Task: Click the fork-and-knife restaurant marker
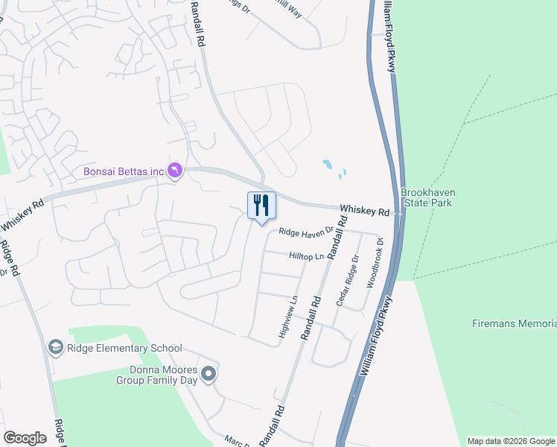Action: tap(261, 205)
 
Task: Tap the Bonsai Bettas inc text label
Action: tap(123, 172)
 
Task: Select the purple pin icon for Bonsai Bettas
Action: tap(174, 171)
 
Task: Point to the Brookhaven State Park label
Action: tap(428, 197)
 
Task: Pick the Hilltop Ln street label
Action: tap(307, 256)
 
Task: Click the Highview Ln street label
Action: tap(288, 317)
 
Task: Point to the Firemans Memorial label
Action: tap(515, 323)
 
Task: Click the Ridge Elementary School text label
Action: tap(124, 348)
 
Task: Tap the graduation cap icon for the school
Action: tap(55, 347)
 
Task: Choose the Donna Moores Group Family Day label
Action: tap(156, 375)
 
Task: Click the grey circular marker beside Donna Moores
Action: tap(209, 374)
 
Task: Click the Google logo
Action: tap(25, 438)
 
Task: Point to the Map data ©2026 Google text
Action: tap(512, 441)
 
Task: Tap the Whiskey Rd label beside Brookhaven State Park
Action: tap(365, 211)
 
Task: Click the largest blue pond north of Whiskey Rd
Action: tap(328, 164)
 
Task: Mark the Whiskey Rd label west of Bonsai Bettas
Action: tap(22, 215)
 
